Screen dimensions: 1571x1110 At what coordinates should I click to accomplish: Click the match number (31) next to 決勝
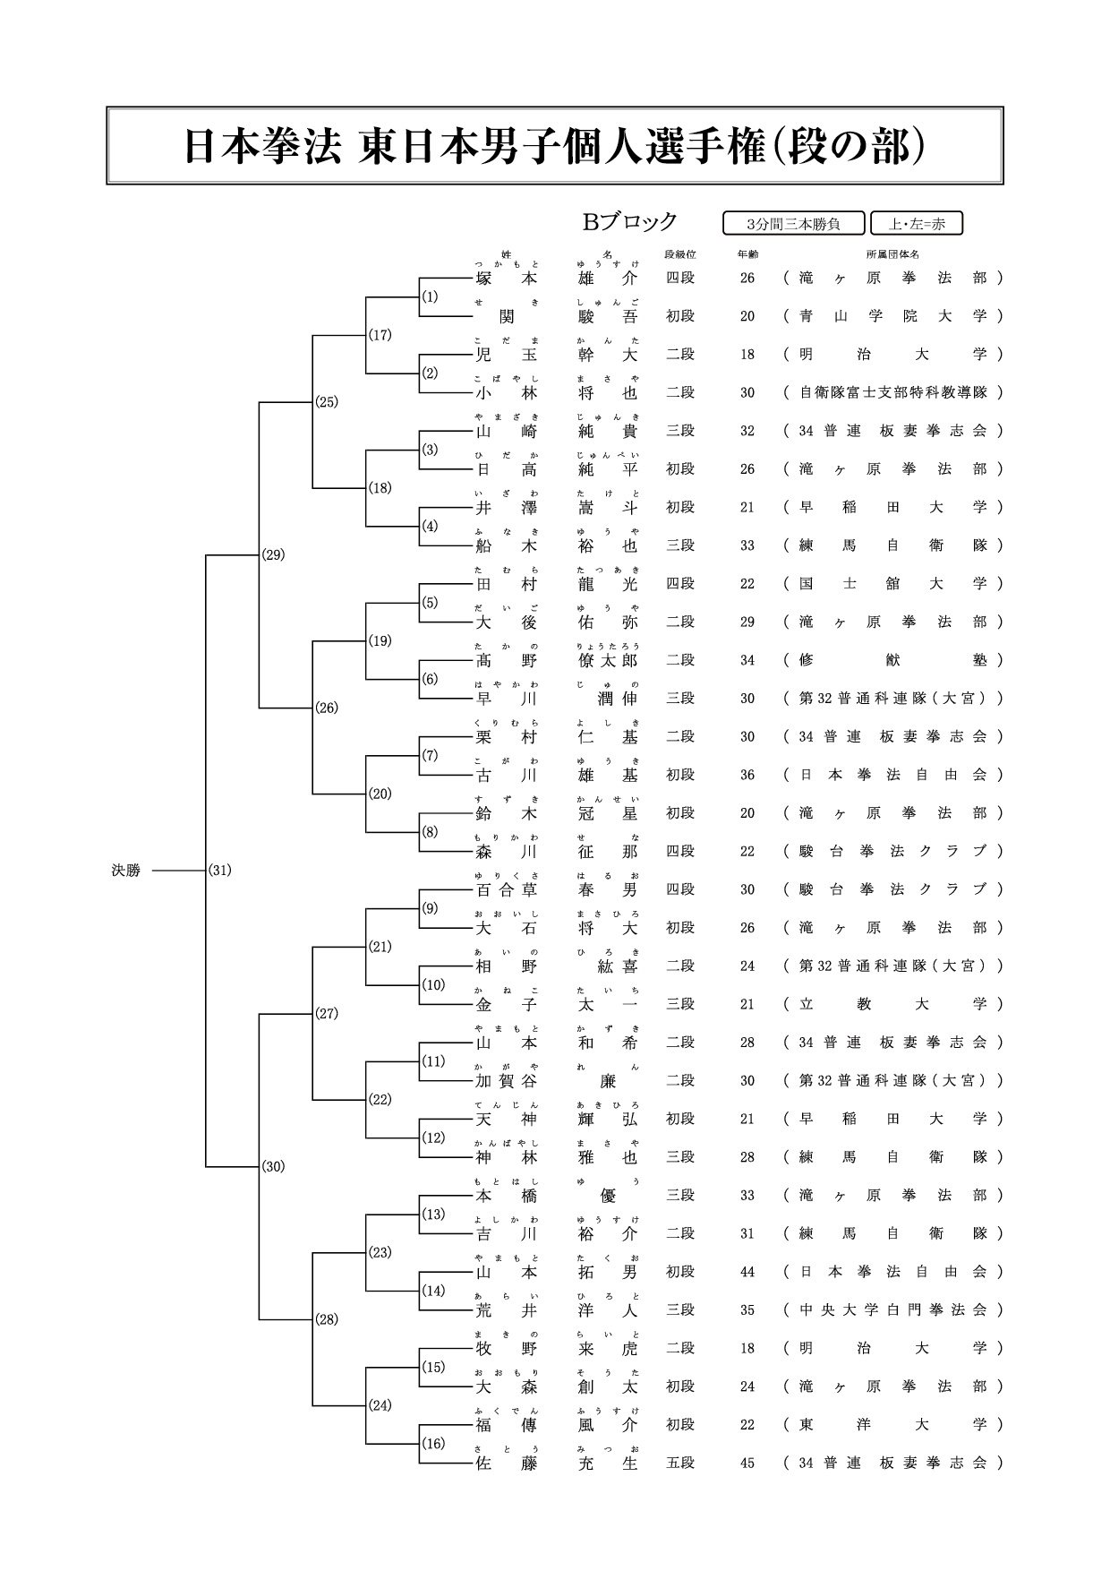219,870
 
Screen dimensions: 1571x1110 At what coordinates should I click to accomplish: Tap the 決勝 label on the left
126,870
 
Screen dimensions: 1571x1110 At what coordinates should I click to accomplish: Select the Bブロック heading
630,221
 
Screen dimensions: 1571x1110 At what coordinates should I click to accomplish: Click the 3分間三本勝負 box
793,224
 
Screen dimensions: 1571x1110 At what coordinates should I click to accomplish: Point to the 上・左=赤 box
916,224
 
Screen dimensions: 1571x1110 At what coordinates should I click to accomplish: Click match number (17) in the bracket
380,335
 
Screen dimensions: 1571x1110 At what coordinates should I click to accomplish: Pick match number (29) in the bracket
273,554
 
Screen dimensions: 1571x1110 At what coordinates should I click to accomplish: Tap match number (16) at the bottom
433,1443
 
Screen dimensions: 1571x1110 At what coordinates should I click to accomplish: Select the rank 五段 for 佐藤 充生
680,1463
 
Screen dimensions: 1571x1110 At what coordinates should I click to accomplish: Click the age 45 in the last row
747,1463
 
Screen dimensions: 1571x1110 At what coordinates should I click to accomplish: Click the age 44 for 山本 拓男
747,1272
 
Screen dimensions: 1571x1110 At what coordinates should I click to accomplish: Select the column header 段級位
680,254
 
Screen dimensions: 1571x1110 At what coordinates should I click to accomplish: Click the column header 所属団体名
892,254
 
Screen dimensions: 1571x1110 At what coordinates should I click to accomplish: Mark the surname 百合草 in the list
506,889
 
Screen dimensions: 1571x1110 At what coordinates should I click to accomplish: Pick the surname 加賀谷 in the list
506,1081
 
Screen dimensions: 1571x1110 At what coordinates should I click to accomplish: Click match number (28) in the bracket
327,1319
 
